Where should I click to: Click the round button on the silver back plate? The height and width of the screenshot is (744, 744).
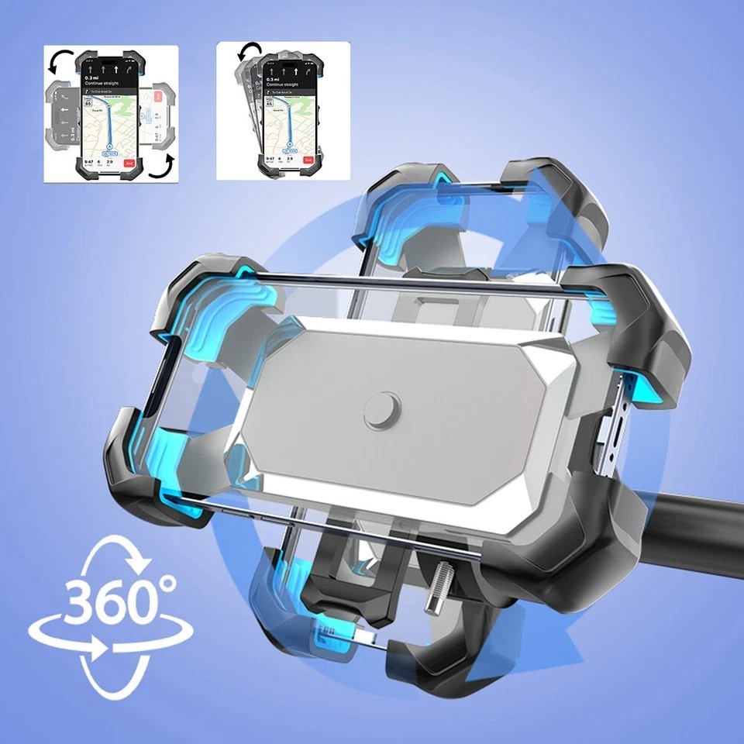(x=382, y=410)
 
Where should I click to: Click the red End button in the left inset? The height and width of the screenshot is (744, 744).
(x=129, y=163)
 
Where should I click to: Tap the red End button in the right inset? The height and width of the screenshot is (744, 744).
(x=308, y=160)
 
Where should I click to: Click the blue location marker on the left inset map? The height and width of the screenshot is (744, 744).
(x=110, y=144)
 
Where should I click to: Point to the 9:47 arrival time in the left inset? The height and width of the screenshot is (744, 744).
(x=88, y=158)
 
